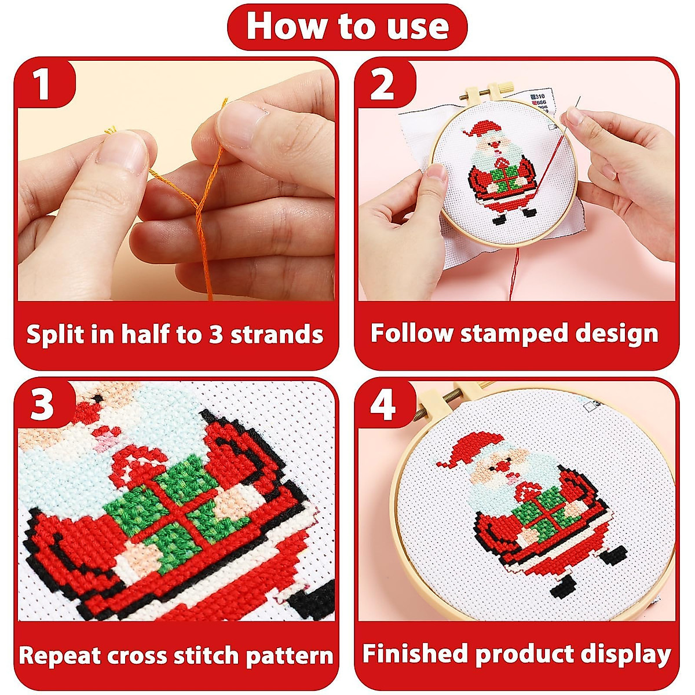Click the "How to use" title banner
348,27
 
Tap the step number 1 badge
42,85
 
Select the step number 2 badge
382,85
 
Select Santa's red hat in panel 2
482,129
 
